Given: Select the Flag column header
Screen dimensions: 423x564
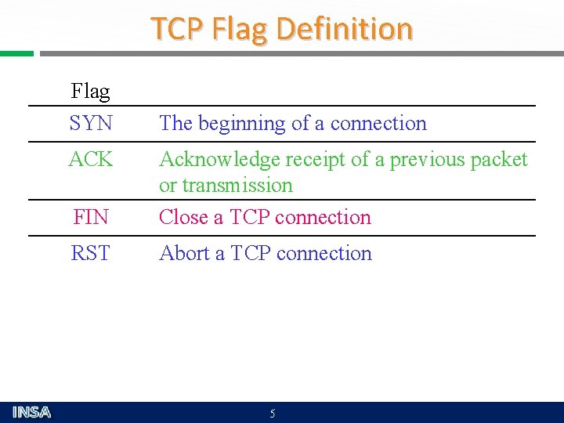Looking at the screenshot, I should pyautogui.click(x=90, y=92).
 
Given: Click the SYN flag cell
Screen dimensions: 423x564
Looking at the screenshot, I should pyautogui.click(x=91, y=124).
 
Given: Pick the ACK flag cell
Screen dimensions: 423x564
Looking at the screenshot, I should pyautogui.click(x=91, y=160).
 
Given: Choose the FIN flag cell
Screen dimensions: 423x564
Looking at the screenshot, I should pyautogui.click(x=91, y=218).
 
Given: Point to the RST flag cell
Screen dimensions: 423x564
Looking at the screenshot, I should pyautogui.click(x=91, y=254).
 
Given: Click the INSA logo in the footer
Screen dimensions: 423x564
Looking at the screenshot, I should pyautogui.click(x=32, y=412).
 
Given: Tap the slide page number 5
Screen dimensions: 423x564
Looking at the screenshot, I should pyautogui.click(x=273, y=414).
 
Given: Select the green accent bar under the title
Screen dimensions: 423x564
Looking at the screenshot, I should pyautogui.click(x=16, y=54).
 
